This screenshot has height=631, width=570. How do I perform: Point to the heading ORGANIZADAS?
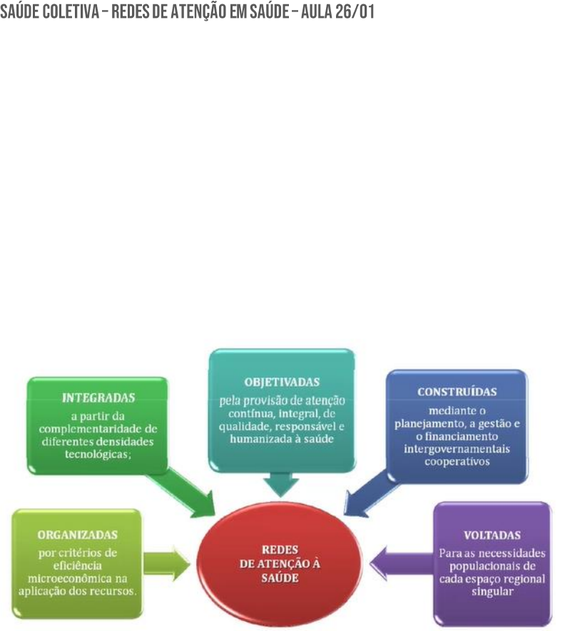coord(78,534)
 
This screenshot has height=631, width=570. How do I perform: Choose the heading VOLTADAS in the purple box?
coord(492,535)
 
